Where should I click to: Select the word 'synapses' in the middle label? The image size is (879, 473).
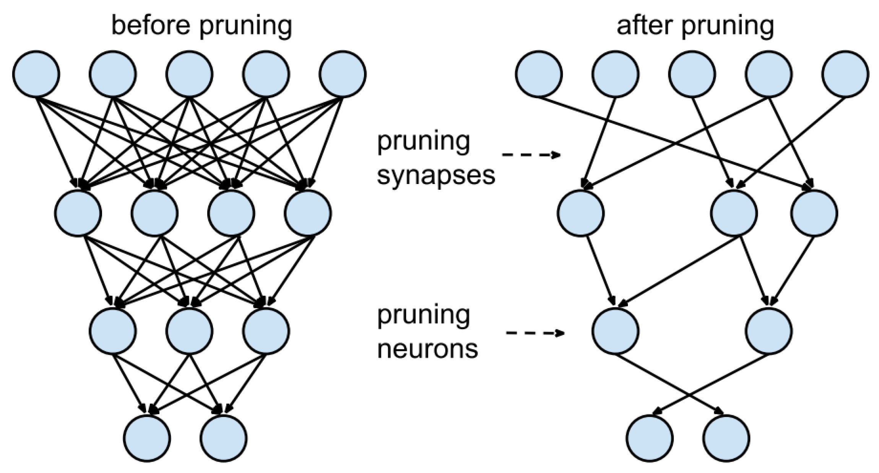point(436,176)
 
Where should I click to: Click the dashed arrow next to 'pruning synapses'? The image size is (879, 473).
point(531,155)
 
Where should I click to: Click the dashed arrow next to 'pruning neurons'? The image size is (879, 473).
point(535,333)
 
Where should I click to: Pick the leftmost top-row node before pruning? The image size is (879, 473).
point(36,74)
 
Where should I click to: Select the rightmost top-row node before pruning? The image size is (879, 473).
point(343,74)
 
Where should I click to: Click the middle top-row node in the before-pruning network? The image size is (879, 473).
point(189,74)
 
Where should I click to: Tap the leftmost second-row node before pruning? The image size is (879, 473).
point(78,213)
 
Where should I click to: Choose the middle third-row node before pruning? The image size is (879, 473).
point(189,331)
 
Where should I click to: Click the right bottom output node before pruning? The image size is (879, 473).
point(224,438)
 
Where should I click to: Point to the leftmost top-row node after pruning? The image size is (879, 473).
point(539,74)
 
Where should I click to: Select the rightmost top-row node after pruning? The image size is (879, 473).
point(845,74)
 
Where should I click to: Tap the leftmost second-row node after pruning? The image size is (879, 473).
point(581,213)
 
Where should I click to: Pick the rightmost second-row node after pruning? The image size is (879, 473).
point(815,213)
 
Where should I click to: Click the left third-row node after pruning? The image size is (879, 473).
point(615,331)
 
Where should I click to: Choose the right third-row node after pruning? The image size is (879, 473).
point(769,331)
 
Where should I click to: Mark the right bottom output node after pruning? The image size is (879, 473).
point(726,438)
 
